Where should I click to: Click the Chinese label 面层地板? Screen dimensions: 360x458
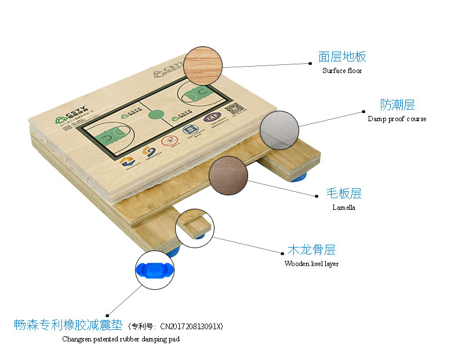tap(342, 57)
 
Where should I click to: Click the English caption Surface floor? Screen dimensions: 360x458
tap(342, 71)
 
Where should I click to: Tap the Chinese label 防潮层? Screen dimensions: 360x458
tap(398, 105)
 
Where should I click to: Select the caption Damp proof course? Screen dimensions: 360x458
tap(397, 119)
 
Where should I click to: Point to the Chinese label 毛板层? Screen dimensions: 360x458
tap(344, 194)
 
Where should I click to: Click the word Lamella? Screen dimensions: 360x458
tap(344, 208)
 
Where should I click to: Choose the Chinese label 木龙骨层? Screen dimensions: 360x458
tap(311, 250)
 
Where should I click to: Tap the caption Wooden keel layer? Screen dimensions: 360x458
tap(311, 264)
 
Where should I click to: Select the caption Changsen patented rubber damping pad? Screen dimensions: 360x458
tap(121, 339)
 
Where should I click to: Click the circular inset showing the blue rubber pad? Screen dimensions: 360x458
tap(154, 270)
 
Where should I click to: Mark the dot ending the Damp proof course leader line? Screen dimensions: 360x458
tap(363, 111)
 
